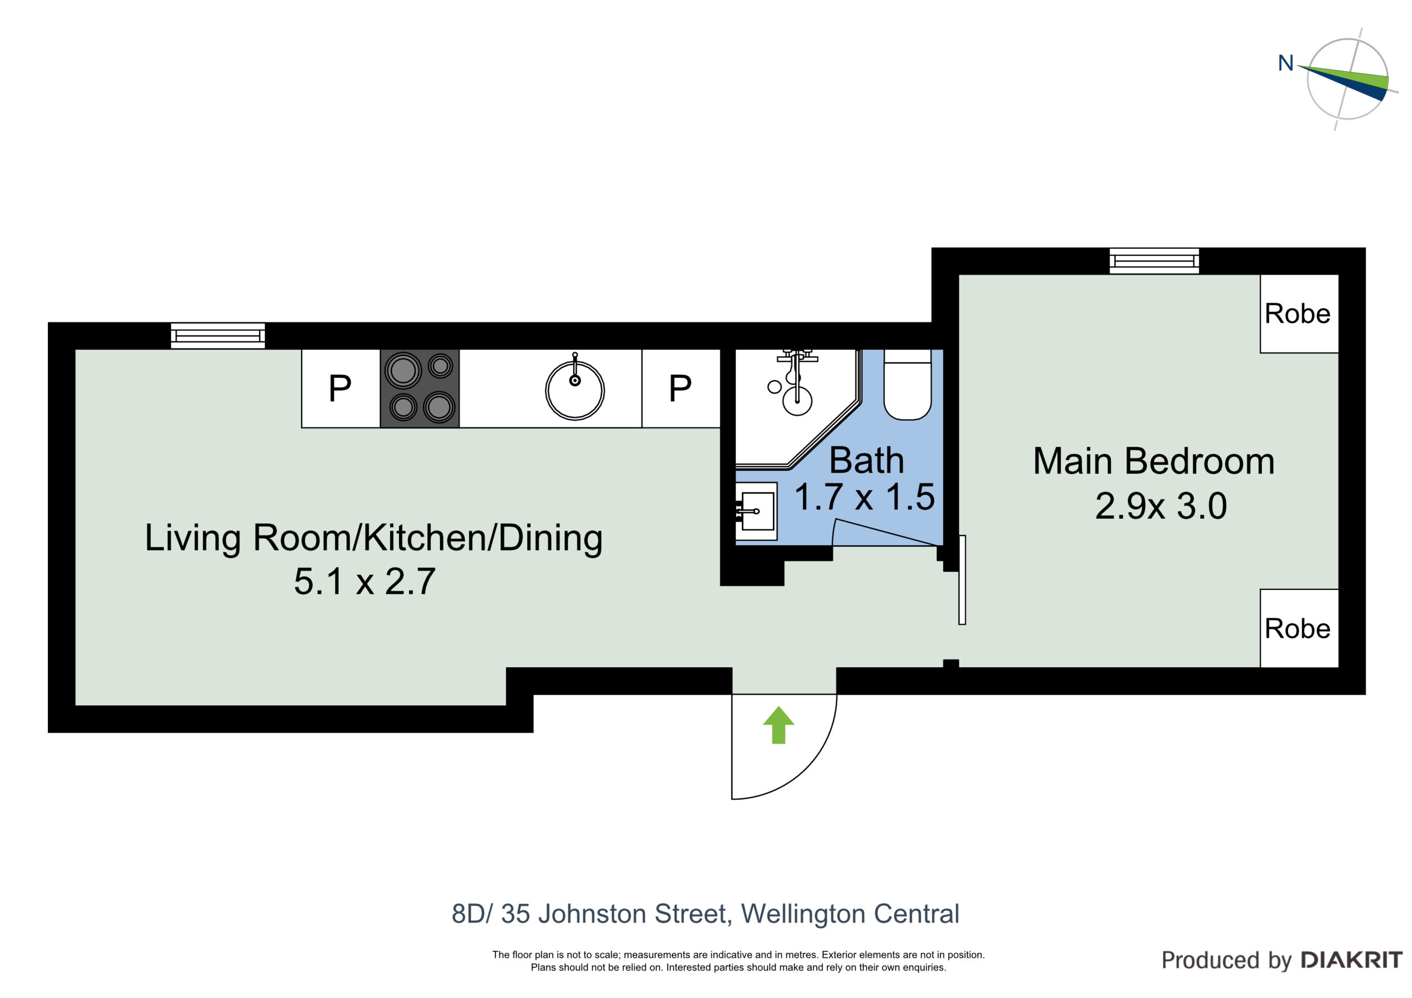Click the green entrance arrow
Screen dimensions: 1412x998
tap(779, 725)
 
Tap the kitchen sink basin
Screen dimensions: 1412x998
tap(575, 390)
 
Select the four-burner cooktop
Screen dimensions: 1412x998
tap(420, 388)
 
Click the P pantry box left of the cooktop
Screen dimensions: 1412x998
tap(341, 388)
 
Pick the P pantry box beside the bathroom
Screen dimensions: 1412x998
tap(681, 388)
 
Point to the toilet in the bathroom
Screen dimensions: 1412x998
tap(908, 384)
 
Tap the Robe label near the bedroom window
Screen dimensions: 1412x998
tap(1298, 314)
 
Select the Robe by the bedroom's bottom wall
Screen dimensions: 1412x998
tap(1298, 629)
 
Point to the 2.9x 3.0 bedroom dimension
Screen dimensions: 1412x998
tap(1161, 506)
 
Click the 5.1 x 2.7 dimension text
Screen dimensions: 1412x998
tap(365, 581)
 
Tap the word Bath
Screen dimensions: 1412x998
tap(867, 460)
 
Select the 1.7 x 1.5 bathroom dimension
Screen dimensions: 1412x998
tap(865, 497)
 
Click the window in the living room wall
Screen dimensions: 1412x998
tap(218, 336)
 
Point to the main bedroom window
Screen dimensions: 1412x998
tap(1154, 261)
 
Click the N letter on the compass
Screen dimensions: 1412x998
tap(1286, 63)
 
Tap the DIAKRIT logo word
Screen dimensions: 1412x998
tap(1351, 960)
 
